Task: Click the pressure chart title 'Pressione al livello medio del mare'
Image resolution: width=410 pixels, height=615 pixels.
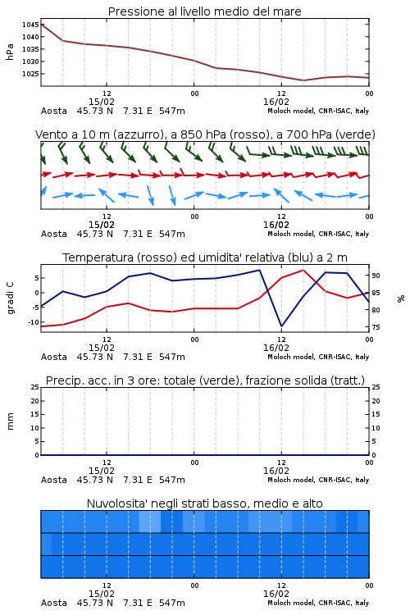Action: [x=204, y=11]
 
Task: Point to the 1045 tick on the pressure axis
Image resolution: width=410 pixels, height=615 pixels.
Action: [x=30, y=25]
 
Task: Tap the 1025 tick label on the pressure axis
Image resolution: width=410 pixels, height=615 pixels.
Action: [x=30, y=74]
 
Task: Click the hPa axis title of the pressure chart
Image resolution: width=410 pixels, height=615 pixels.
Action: [x=10, y=52]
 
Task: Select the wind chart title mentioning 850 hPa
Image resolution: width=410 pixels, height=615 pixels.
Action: [x=205, y=134]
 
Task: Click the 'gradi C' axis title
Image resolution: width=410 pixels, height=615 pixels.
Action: [x=10, y=298]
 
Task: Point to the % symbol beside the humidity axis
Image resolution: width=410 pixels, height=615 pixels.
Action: [x=401, y=298]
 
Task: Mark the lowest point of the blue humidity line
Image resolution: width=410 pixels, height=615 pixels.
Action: [x=281, y=326]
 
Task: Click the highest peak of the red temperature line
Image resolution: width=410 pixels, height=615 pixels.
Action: [x=303, y=270]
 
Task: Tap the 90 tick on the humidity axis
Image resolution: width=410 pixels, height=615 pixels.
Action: [x=376, y=276]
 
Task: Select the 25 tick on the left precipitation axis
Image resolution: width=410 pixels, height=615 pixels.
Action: [x=35, y=387]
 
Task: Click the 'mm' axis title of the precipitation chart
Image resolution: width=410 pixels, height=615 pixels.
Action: [x=10, y=421]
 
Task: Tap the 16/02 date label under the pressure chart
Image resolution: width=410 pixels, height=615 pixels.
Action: [x=276, y=102]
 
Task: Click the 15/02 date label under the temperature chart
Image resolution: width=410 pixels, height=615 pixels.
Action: [x=101, y=348]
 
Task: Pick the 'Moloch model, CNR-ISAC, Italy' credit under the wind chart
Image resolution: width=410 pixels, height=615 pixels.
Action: [x=318, y=234]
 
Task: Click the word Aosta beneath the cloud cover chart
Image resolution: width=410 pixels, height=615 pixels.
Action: [x=54, y=603]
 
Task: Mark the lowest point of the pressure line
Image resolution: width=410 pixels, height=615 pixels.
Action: [x=303, y=80]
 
